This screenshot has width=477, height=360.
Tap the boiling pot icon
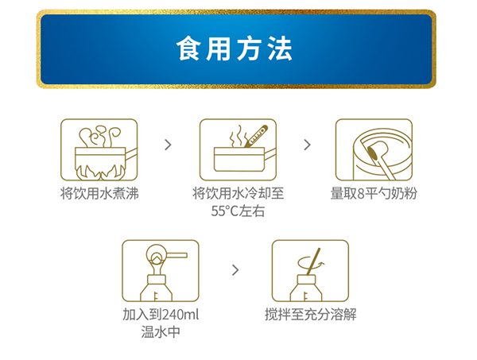99,149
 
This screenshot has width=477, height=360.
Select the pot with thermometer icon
238,149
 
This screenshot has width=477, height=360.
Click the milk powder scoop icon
373,149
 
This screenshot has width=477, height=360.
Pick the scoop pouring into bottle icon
160,271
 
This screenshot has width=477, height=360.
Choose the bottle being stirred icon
311,271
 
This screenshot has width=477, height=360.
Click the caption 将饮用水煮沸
99,193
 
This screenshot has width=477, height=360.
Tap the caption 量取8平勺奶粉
373,193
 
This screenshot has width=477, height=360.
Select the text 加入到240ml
160,314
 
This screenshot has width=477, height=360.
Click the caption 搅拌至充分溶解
311,314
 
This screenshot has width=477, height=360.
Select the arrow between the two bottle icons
235,270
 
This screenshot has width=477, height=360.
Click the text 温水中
160,331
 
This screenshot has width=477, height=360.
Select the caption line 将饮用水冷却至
237,193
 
